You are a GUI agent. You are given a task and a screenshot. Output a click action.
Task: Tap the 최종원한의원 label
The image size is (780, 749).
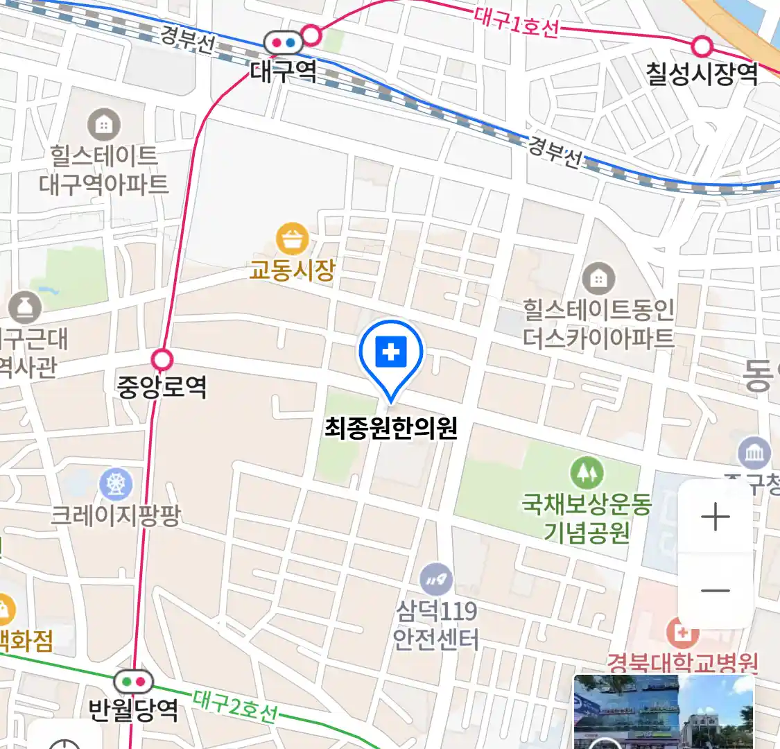pyautogui.click(x=391, y=428)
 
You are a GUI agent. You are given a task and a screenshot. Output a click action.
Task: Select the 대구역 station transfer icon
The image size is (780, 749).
pyautogui.click(x=284, y=43)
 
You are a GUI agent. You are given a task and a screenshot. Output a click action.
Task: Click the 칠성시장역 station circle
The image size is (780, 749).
pyautogui.click(x=702, y=46)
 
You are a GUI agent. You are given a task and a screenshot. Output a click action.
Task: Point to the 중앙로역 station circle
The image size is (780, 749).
pyautogui.click(x=162, y=360)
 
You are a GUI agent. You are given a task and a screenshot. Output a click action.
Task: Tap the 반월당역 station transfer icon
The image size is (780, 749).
pyautogui.click(x=134, y=681)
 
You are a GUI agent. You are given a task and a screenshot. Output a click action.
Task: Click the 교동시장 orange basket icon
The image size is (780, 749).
pyautogui.click(x=293, y=239)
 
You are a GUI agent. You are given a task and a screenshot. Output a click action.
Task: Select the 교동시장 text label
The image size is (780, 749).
pyautogui.click(x=293, y=269)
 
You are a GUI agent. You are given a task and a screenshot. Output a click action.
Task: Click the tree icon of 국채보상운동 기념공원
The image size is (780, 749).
pyautogui.click(x=587, y=473)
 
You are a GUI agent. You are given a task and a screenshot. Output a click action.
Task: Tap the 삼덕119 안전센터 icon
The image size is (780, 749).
pyautogui.click(x=435, y=580)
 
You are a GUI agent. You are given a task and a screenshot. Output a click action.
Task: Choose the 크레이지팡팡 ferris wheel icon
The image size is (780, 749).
pyautogui.click(x=116, y=484)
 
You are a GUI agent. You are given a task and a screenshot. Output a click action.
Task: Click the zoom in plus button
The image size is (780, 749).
pyautogui.click(x=715, y=517)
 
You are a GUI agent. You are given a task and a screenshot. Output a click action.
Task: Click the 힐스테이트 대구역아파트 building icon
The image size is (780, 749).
pyautogui.click(x=104, y=126)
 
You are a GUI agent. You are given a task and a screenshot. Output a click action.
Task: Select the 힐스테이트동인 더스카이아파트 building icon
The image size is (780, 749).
pyautogui.click(x=598, y=279)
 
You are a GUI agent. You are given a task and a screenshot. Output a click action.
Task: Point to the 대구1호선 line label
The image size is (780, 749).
pyautogui.click(x=517, y=22)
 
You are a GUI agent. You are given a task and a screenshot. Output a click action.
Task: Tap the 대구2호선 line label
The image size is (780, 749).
pyautogui.click(x=236, y=705)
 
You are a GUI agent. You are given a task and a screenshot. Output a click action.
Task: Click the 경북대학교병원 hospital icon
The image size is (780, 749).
pyautogui.click(x=682, y=632)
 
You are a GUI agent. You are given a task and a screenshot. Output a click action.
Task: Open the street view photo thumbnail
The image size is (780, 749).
pyautogui.click(x=663, y=712)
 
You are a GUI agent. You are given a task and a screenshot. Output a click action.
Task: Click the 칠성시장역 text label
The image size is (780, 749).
pyautogui.click(x=702, y=74)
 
